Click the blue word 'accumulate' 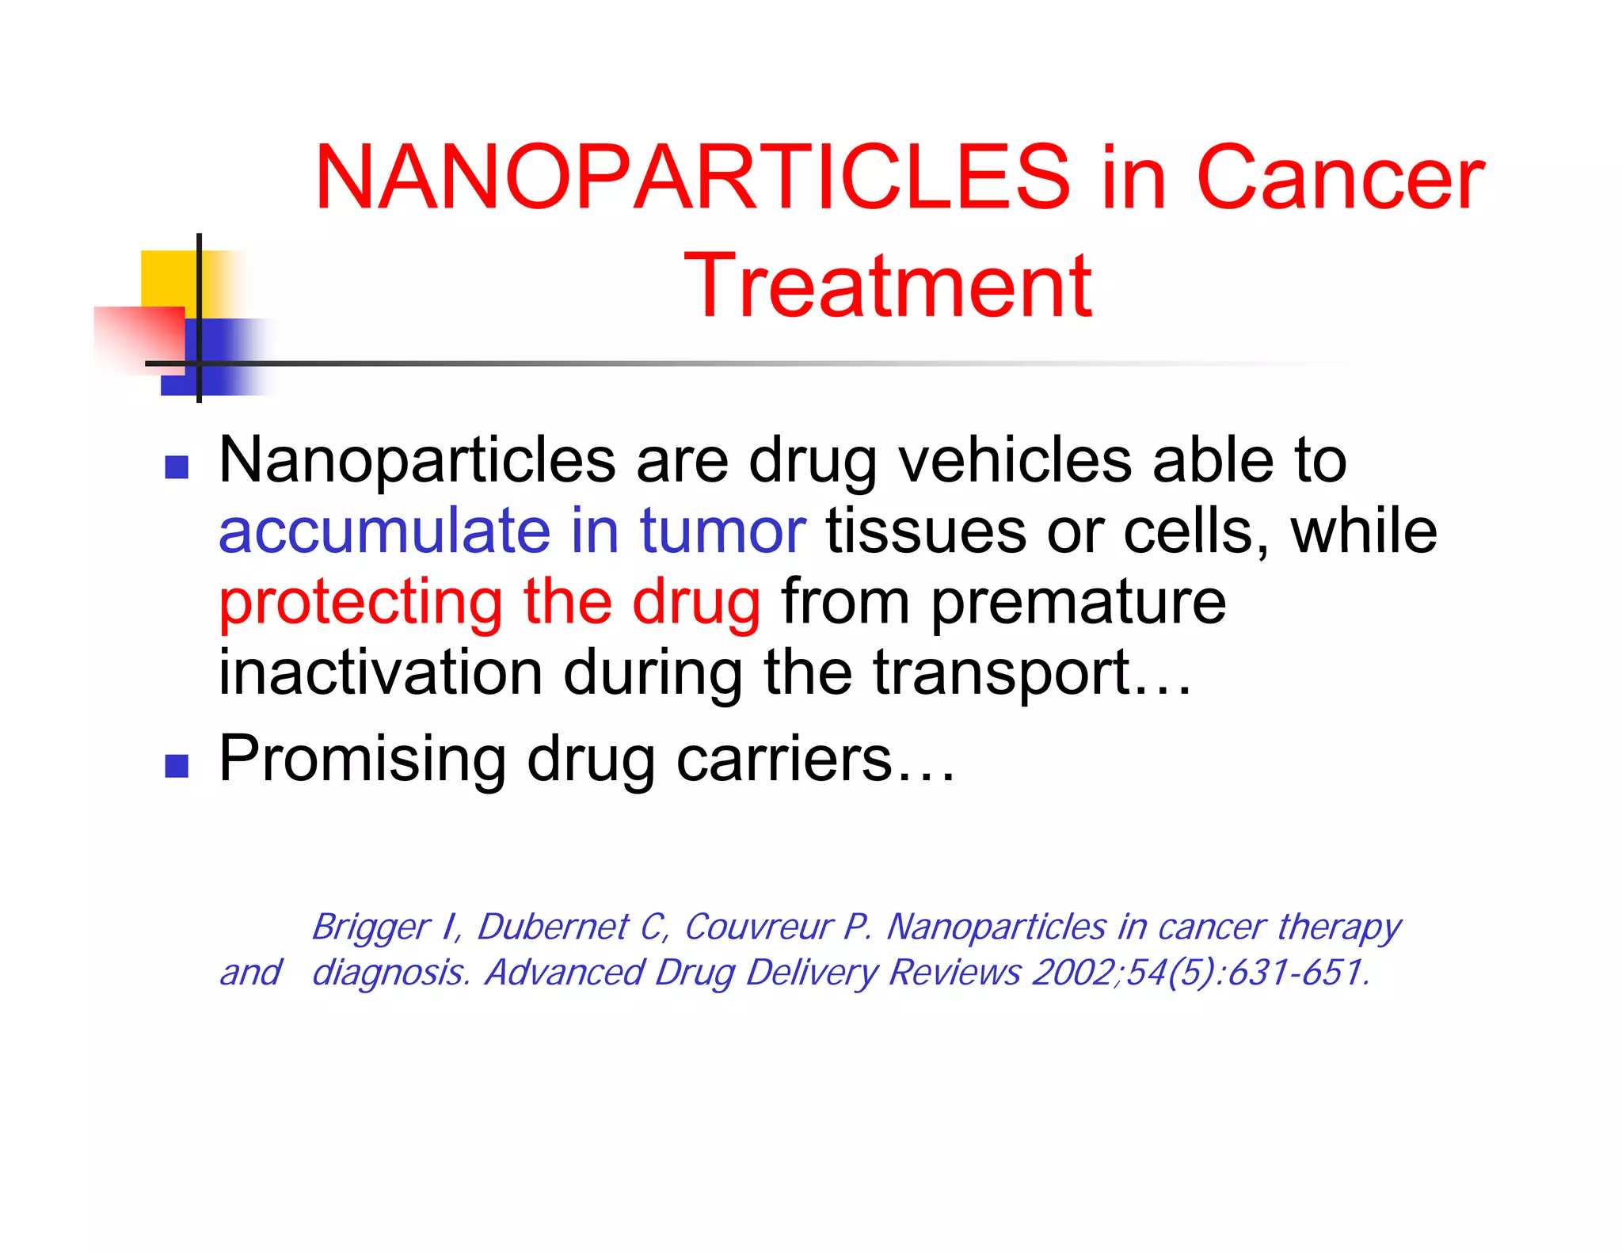(x=384, y=531)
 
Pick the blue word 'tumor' (x=722, y=531)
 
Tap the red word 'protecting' (x=360, y=604)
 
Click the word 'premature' (x=1078, y=602)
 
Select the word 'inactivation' (x=380, y=673)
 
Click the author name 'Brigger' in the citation (x=371, y=927)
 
